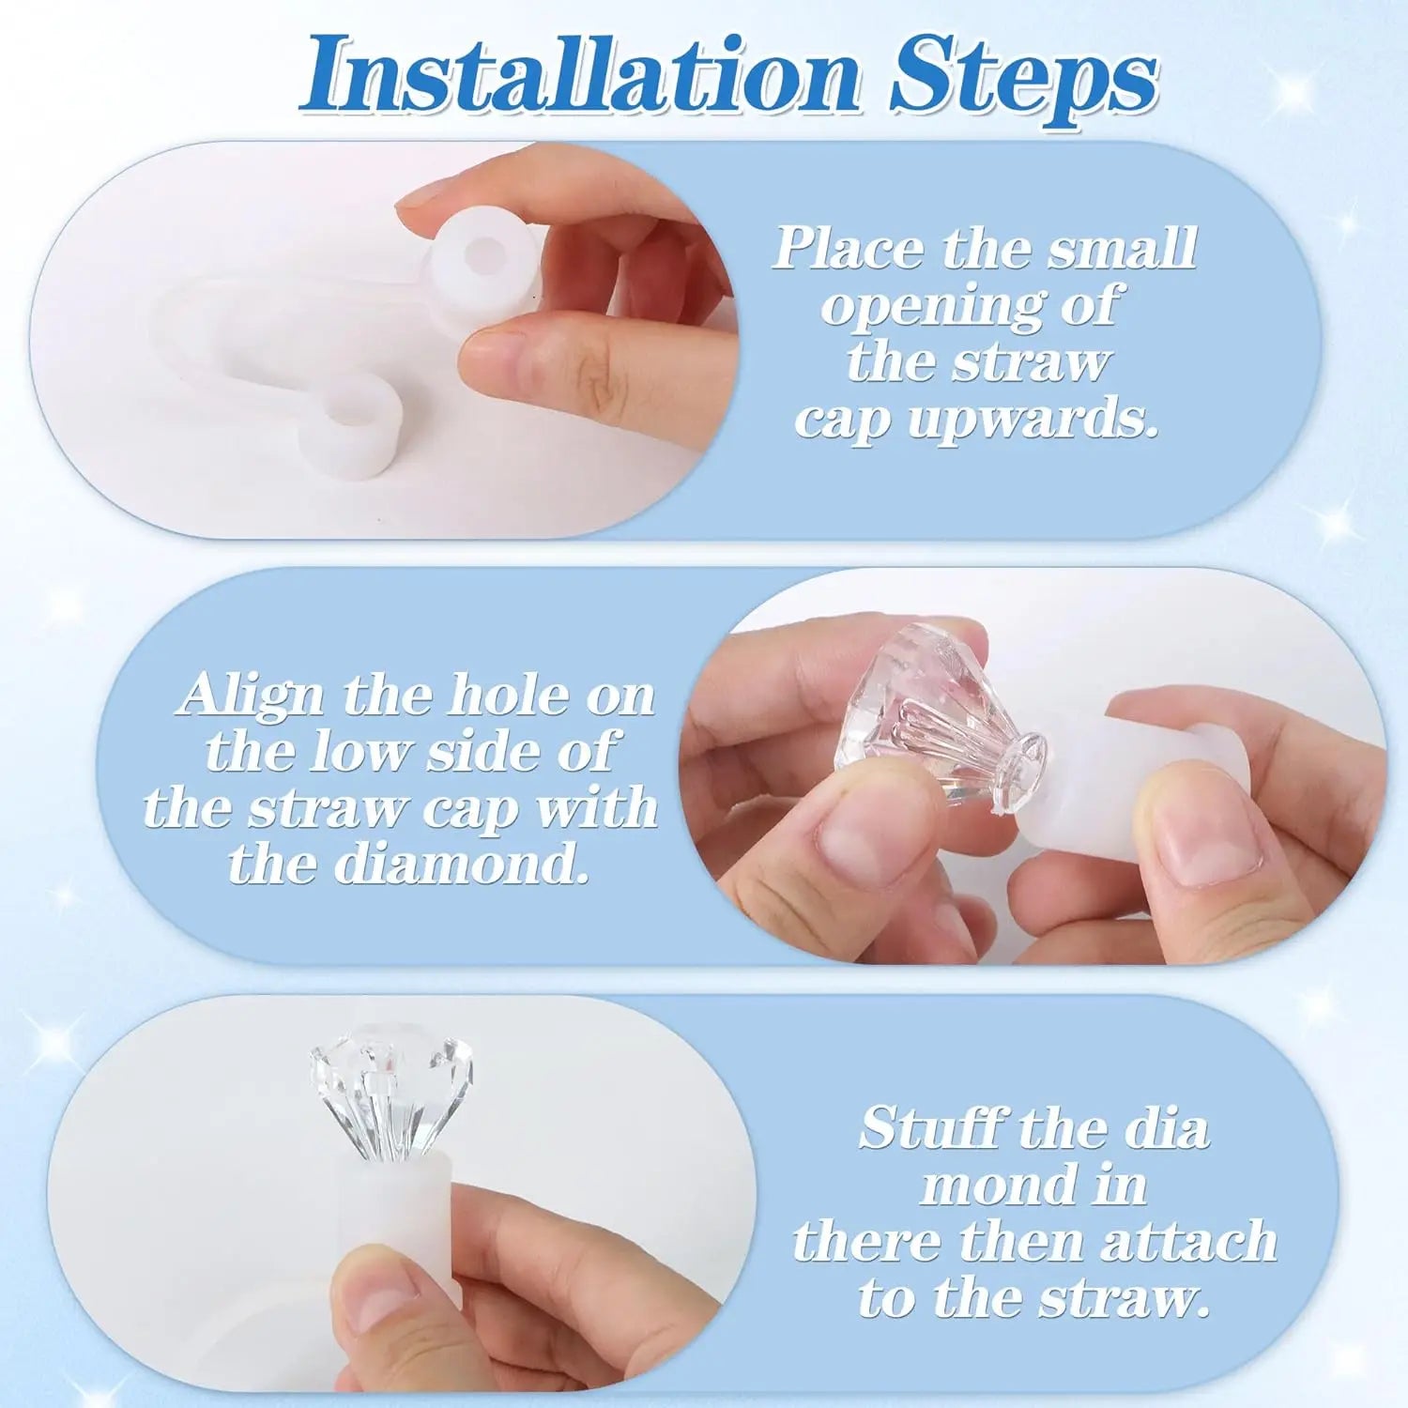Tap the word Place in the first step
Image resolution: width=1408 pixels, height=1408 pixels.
tap(847, 249)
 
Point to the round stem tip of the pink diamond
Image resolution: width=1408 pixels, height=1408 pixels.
tap(1024, 756)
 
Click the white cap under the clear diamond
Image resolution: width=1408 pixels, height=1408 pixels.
tap(413, 1220)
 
